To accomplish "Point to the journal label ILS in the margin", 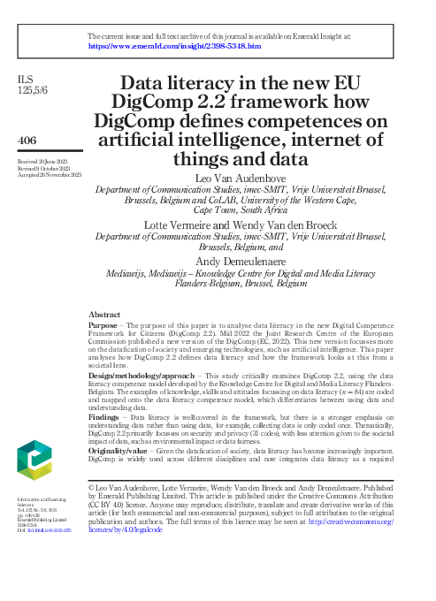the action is [26, 80].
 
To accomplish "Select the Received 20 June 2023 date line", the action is [43, 162].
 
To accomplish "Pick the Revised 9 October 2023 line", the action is [45, 169].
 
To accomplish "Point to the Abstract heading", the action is [105, 315].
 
